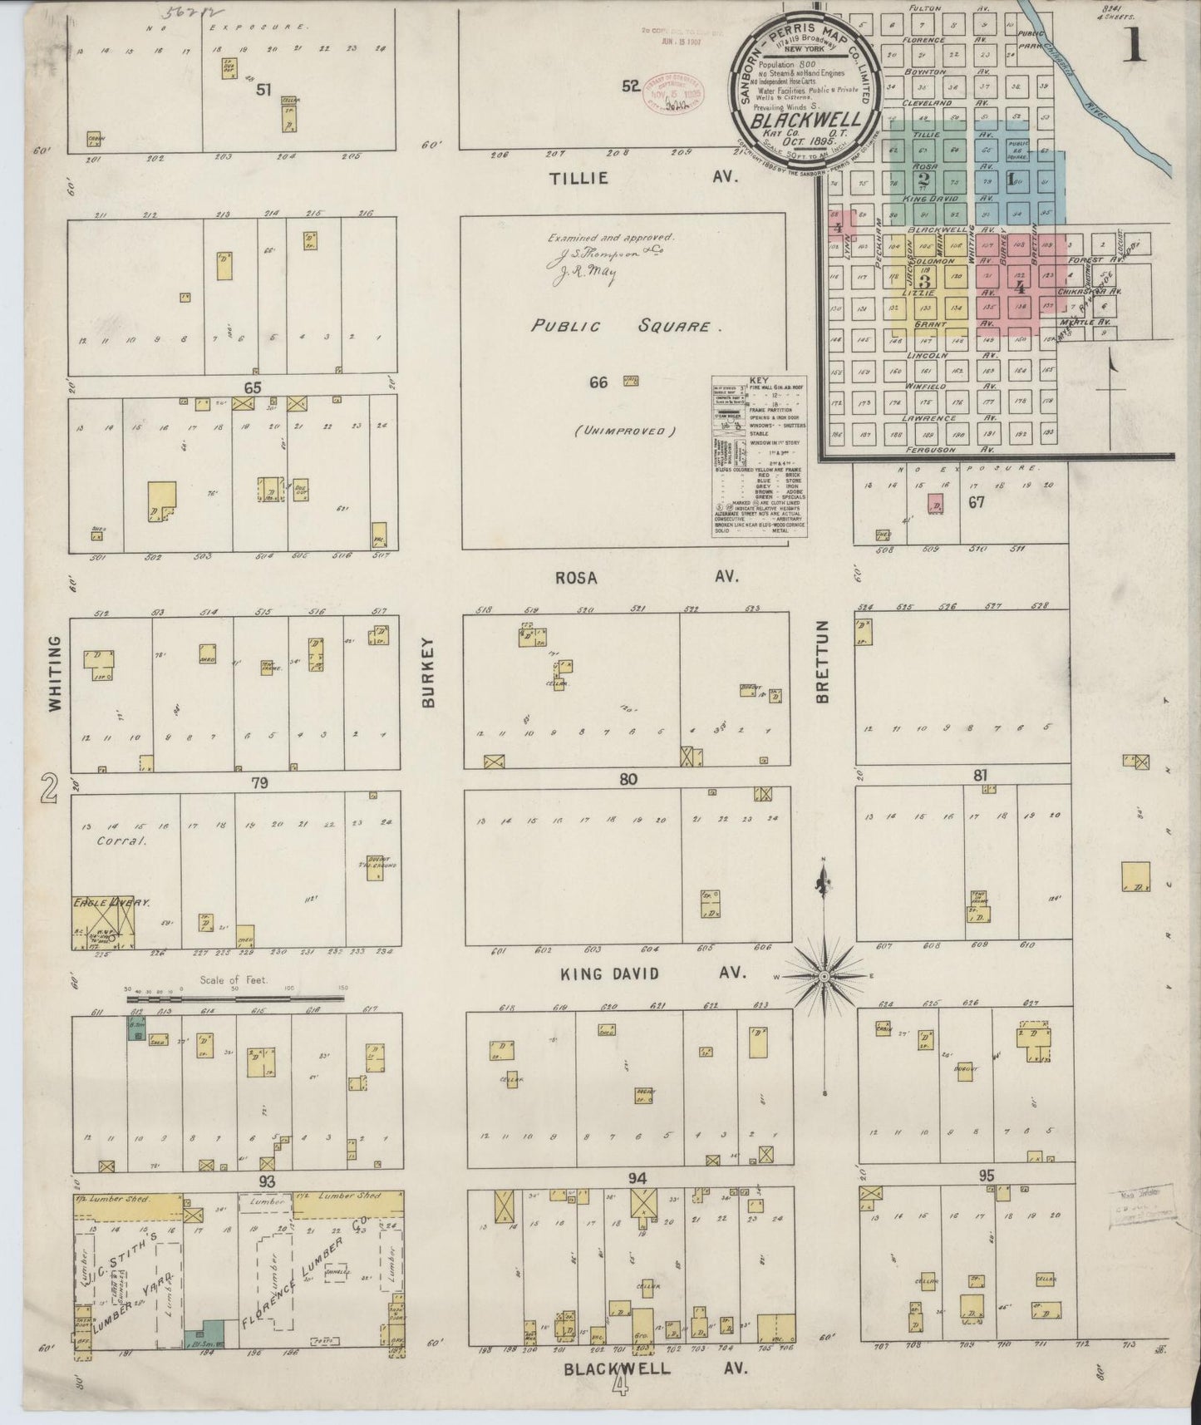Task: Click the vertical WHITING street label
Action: (x=56, y=673)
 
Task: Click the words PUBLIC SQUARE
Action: (x=621, y=327)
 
